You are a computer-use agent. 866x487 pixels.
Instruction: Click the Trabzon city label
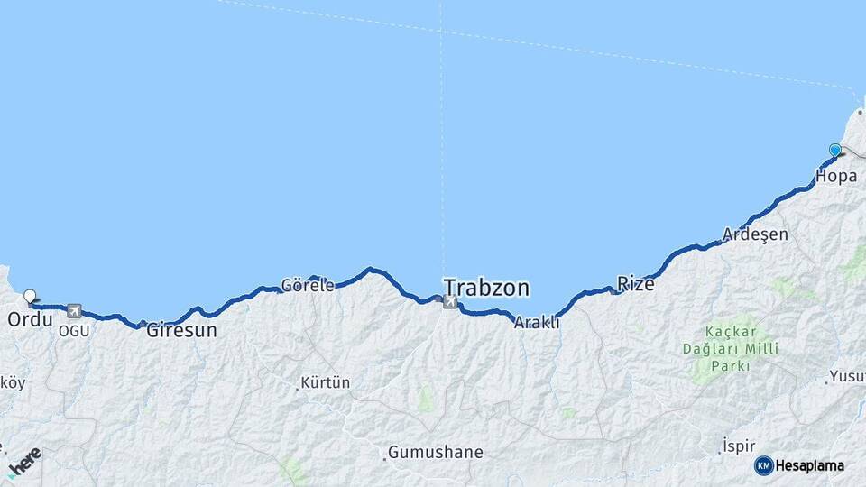click(485, 289)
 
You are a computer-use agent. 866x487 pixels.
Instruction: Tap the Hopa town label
click(835, 176)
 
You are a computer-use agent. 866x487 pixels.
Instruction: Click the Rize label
click(635, 283)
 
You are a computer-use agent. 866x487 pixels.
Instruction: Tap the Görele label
click(308, 285)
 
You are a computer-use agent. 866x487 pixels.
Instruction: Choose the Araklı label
click(537, 322)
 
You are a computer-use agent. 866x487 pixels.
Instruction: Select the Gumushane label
click(436, 452)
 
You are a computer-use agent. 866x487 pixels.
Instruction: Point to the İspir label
click(737, 446)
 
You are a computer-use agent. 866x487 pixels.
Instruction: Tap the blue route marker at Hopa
click(835, 151)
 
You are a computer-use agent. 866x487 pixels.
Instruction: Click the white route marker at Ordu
click(31, 296)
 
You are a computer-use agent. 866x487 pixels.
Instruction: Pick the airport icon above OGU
click(74, 311)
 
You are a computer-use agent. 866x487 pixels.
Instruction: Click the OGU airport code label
click(74, 331)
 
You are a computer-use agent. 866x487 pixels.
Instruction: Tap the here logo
click(24, 463)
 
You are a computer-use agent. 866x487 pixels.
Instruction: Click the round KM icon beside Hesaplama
click(763, 465)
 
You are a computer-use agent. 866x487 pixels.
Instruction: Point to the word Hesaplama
click(810, 465)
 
